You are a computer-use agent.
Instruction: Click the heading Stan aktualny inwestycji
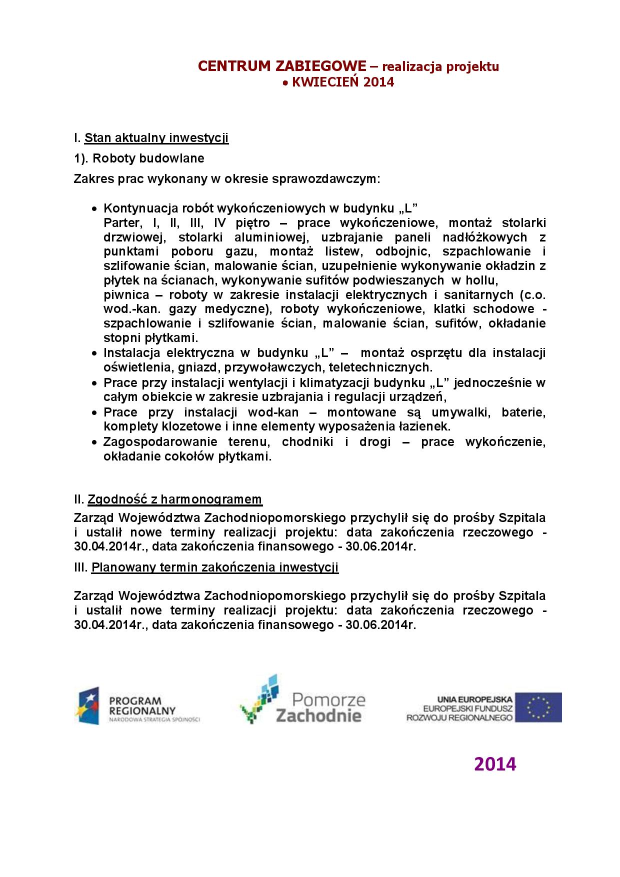coord(156,138)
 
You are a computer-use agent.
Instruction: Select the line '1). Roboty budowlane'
coord(139,158)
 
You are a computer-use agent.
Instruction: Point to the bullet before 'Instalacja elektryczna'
coord(94,353)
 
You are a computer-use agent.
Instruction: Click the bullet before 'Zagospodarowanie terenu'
coord(94,442)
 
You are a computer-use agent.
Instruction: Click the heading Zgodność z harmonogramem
coord(174,499)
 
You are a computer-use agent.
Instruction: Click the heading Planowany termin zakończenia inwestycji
coord(215,567)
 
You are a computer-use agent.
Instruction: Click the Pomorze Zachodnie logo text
coord(320,707)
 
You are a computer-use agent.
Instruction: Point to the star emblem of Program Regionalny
coord(88,706)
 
